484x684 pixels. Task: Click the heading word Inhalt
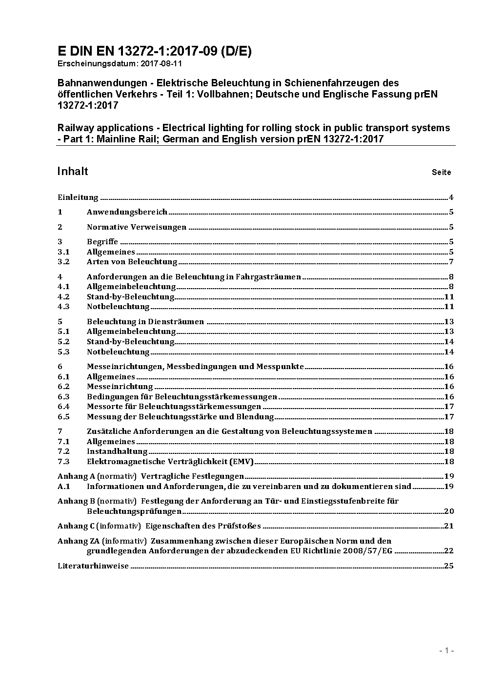pos(73,171)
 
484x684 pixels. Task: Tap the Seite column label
pos(441,172)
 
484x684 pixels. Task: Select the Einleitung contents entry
pos(78,197)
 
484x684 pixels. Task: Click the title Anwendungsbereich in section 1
pos(127,212)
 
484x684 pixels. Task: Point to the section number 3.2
pos(63,262)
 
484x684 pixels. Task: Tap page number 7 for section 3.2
pos(451,262)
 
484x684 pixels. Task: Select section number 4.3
pos(63,307)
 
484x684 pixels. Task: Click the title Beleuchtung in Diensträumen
pos(145,322)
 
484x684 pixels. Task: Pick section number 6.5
pos(63,417)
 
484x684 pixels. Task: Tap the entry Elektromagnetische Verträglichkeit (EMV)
pos(170,462)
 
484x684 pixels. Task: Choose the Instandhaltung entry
pos(117,451)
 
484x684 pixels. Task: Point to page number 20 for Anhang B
pos(449,511)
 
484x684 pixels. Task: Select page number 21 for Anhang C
pos(449,526)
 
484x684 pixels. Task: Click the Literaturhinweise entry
pos(93,566)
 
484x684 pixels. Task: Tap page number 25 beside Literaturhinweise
pos(449,566)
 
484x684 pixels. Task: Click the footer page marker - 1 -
pos(446,650)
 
